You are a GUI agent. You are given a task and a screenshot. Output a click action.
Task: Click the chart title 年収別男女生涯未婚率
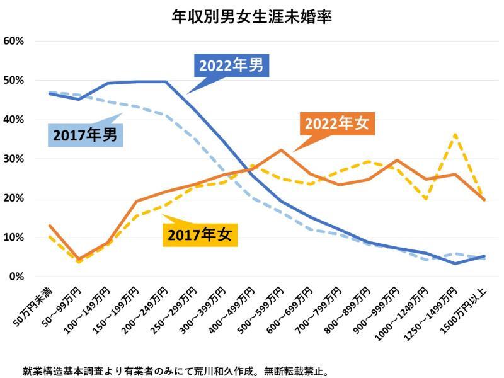tap(252, 16)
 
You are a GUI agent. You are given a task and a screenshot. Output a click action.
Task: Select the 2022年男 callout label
tap(231, 66)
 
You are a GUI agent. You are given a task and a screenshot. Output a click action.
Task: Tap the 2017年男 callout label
tap(84, 134)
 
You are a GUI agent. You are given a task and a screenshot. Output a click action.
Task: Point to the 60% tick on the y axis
tap(14, 41)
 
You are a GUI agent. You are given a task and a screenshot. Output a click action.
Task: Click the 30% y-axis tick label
tap(14, 159)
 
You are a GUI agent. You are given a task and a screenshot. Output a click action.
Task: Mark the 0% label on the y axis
tap(16, 277)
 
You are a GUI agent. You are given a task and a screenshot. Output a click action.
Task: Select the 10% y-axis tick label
tap(14, 238)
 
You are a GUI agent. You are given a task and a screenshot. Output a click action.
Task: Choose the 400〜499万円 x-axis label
tap(234, 313)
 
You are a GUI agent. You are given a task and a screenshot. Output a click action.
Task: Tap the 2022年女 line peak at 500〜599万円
tap(281, 150)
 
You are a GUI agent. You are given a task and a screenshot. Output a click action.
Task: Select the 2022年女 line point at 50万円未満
tap(49, 226)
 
